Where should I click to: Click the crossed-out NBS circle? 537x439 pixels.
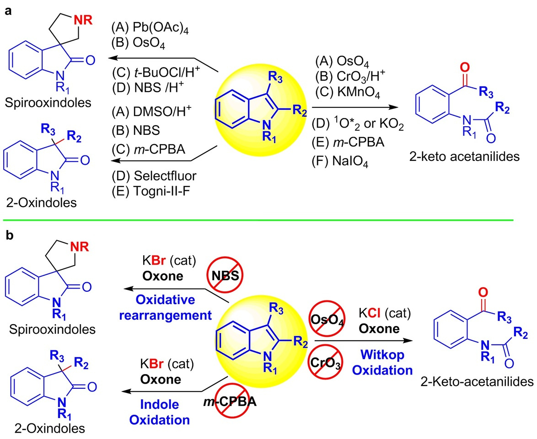click(x=226, y=274)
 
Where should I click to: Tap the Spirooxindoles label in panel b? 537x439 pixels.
click(x=37, y=329)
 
